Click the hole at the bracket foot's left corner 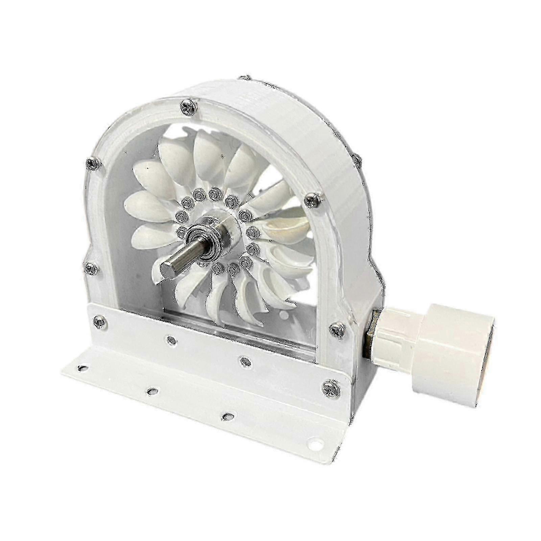tap(81, 367)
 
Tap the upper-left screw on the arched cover tap(92, 164)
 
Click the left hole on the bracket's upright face tap(170, 338)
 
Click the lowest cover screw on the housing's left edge tap(90, 268)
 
